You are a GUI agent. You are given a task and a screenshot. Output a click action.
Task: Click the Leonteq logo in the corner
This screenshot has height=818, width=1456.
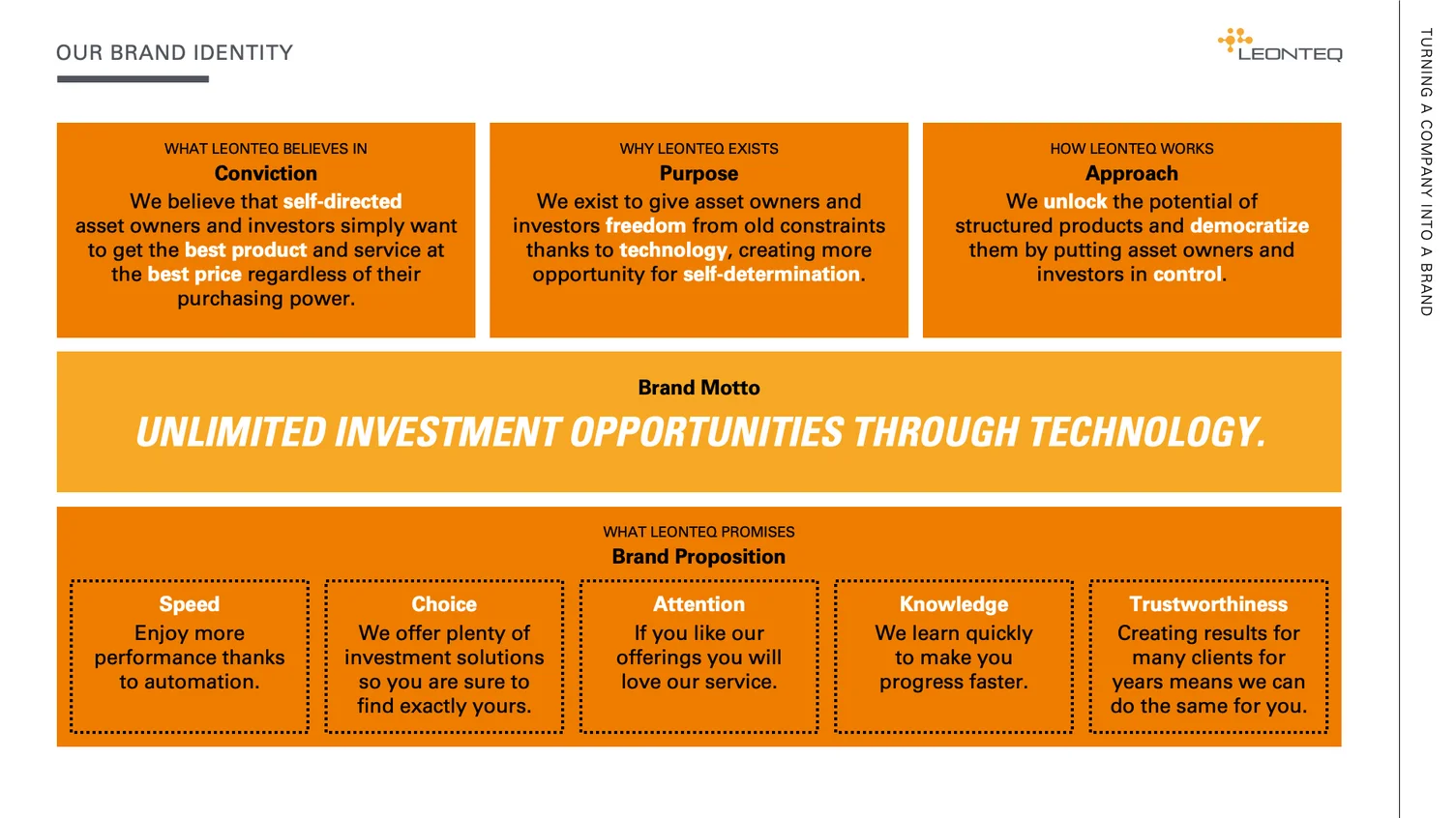[1280, 44]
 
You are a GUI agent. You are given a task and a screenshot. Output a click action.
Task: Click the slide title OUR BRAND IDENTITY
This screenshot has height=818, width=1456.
[175, 52]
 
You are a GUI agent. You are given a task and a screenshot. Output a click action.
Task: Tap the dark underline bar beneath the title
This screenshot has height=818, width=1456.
[133, 79]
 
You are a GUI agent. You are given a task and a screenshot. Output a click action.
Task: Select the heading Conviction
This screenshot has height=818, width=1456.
[266, 173]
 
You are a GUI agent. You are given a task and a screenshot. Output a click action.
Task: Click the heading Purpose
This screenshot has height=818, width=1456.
[698, 173]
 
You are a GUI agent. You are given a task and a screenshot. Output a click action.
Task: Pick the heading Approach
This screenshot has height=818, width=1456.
[1132, 173]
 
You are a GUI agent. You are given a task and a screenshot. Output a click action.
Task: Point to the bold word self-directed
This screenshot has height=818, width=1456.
[342, 201]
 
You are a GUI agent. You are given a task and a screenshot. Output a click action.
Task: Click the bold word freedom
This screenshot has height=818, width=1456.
[645, 225]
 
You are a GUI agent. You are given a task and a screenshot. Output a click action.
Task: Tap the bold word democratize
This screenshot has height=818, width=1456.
[1249, 225]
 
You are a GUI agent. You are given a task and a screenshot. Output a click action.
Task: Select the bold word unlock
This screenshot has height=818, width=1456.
[1075, 201]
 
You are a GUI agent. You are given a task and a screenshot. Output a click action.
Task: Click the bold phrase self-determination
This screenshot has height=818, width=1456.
[772, 275]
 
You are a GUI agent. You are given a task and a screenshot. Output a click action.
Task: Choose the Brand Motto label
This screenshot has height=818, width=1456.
[698, 388]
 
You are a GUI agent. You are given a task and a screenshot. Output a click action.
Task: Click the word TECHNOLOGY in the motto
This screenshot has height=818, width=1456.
[1147, 432]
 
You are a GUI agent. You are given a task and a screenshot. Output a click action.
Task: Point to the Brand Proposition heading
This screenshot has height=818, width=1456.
[698, 557]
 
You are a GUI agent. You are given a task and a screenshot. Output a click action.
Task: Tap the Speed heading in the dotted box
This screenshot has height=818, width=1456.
[190, 604]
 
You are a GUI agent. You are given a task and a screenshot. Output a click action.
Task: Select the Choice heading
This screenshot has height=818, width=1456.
[444, 604]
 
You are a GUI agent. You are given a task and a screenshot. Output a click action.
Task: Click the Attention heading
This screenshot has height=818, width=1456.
[698, 604]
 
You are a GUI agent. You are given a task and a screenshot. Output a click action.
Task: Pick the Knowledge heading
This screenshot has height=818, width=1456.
[954, 604]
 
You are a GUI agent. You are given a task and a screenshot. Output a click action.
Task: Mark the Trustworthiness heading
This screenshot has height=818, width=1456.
[1208, 604]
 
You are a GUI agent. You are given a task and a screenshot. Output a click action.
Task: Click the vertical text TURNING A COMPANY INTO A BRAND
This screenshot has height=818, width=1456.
[1426, 172]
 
